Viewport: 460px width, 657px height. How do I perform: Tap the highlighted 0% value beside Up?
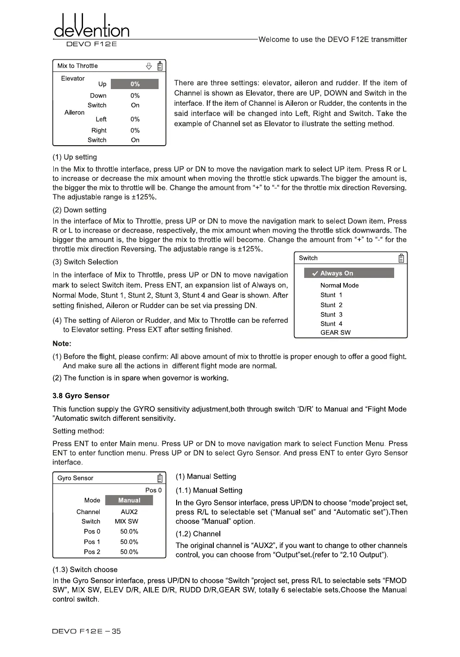(134, 84)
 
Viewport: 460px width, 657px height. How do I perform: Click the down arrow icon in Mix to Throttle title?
(149, 66)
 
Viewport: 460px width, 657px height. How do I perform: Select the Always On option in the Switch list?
(349, 273)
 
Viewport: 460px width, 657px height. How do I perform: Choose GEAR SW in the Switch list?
(335, 333)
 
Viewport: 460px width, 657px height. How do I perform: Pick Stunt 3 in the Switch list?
(331, 315)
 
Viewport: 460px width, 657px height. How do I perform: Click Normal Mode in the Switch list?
(339, 285)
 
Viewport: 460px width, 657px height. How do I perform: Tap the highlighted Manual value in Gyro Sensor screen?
(129, 500)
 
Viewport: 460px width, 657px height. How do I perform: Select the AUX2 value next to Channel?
(129, 512)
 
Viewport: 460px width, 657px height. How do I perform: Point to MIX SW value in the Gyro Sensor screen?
(127, 522)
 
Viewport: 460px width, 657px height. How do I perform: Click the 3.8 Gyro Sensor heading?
(81, 396)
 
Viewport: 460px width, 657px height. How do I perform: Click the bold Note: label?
(62, 344)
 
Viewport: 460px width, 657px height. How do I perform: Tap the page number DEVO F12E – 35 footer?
(87, 631)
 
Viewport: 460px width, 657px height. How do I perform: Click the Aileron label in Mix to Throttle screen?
(74, 112)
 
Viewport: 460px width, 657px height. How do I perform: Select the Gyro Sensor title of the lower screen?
(75, 478)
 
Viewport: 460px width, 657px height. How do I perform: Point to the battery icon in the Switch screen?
(402, 258)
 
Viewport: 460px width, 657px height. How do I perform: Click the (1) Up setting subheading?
(75, 157)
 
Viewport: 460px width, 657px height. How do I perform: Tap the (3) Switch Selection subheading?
(85, 262)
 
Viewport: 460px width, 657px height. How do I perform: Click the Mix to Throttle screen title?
(77, 66)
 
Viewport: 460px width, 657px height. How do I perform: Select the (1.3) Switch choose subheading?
(85, 570)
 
